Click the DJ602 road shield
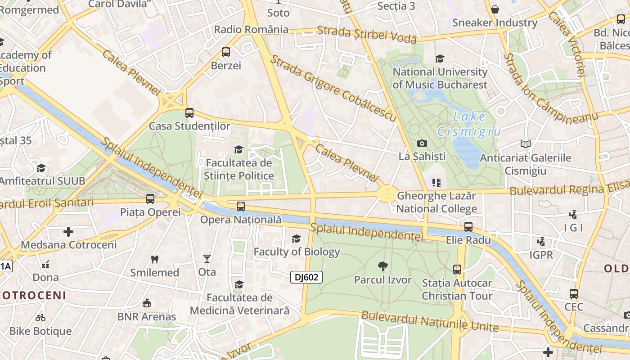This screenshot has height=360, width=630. pyautogui.click(x=306, y=277)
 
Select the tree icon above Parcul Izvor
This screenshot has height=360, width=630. pyautogui.click(x=382, y=266)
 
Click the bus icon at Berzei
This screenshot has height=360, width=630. pyautogui.click(x=226, y=52)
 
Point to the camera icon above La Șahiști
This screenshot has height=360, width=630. pyautogui.click(x=422, y=143)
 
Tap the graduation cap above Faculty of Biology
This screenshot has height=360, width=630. pyautogui.click(x=296, y=238)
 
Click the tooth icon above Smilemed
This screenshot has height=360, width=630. pyautogui.click(x=155, y=259)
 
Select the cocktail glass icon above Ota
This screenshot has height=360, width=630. pyautogui.click(x=207, y=259)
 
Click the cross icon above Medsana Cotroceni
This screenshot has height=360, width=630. pyautogui.click(x=68, y=232)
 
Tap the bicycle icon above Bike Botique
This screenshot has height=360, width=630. pyautogui.click(x=40, y=318)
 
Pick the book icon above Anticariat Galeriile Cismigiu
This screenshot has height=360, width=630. pyautogui.click(x=525, y=144)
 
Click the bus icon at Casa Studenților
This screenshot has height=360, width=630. pyautogui.click(x=189, y=113)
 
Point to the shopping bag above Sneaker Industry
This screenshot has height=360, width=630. pyautogui.click(x=495, y=9)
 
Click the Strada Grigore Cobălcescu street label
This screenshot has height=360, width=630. pyautogui.click(x=333, y=88)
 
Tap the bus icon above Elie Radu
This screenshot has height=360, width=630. pyautogui.click(x=468, y=227)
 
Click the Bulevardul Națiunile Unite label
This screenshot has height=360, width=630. pyautogui.click(x=430, y=321)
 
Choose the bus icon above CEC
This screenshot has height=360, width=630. pyautogui.click(x=574, y=294)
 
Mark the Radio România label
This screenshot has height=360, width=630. pyautogui.click(x=251, y=30)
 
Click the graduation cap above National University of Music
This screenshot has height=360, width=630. pyautogui.click(x=440, y=58)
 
